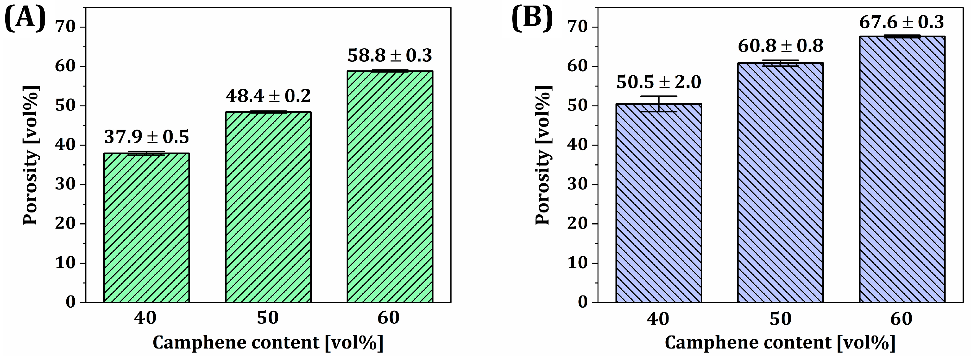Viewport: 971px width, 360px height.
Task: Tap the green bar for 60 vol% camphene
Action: click(x=390, y=187)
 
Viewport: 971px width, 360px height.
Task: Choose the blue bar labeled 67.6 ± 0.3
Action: click(x=902, y=169)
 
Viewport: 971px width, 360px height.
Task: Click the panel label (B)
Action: click(x=532, y=18)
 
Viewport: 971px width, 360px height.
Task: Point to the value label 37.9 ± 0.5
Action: click(x=146, y=137)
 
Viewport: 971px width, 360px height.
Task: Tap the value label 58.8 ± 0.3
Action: click(x=390, y=56)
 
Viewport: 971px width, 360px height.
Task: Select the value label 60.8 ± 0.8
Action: click(x=780, y=46)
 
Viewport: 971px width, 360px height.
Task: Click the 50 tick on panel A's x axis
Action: click(x=268, y=318)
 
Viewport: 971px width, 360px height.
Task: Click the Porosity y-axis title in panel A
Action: click(x=31, y=155)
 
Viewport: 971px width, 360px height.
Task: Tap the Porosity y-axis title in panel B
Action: click(x=543, y=155)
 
